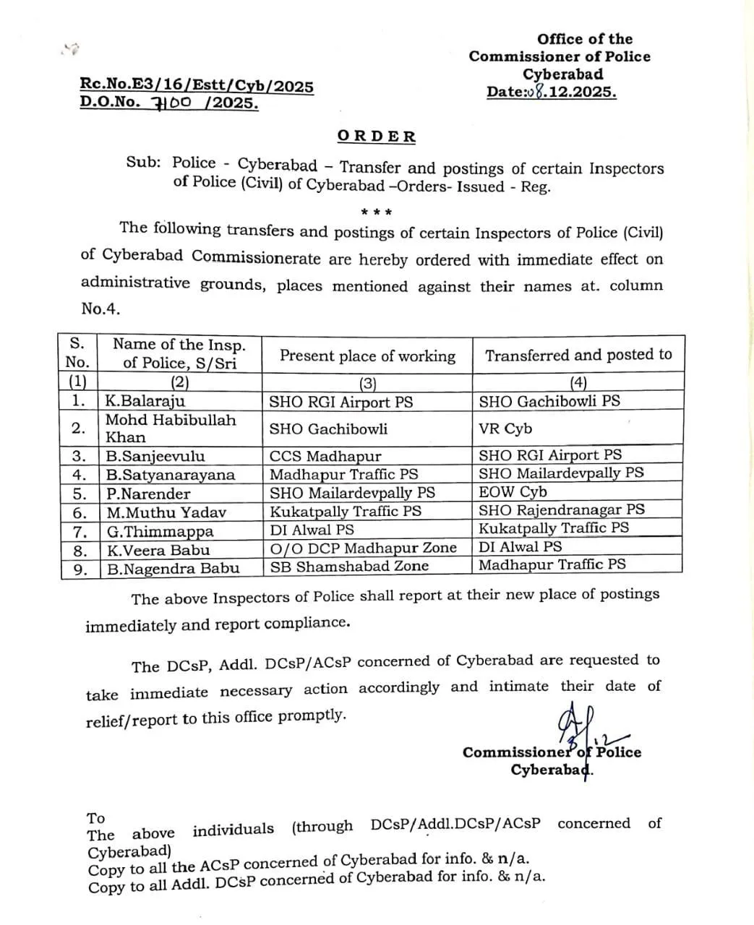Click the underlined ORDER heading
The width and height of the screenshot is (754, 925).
376,137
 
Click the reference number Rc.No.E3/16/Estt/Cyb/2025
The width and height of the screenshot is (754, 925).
197,86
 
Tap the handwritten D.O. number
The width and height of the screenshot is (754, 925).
174,103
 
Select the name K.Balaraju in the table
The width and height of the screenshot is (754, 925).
145,401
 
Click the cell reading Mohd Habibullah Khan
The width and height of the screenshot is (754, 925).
171,429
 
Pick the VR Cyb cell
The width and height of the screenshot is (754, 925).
505,429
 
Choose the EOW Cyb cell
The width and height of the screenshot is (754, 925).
513,492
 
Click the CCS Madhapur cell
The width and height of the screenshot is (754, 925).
325,456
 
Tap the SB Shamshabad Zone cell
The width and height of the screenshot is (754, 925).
349,567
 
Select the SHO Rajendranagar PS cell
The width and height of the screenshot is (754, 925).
561,510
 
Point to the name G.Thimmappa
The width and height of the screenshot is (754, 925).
160,532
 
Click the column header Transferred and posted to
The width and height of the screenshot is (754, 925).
578,355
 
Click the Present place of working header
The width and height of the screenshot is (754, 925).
367,356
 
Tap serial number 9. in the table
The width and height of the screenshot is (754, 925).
79,569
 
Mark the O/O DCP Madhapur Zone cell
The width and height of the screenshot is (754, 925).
363,548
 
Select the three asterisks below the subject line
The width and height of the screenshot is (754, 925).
376,212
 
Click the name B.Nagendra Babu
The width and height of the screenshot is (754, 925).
173,569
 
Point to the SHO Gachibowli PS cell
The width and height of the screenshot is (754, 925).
549,401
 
